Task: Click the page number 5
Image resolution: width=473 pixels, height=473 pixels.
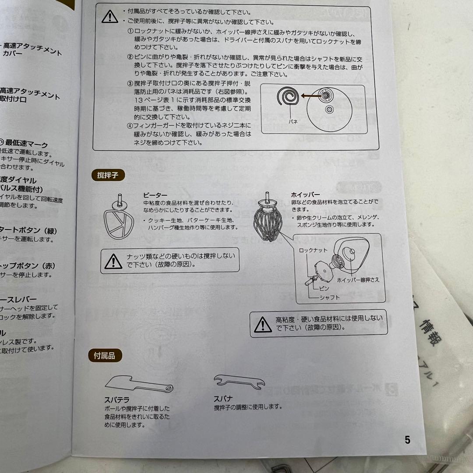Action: click(407, 440)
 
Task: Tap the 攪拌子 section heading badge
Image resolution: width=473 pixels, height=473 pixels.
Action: click(108, 176)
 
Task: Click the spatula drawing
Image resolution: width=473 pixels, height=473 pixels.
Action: click(139, 383)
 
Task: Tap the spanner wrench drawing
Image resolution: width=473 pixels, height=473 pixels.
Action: click(239, 382)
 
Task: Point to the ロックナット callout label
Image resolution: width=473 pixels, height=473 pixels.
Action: click(314, 250)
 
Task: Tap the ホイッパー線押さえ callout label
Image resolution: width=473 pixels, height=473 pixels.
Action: click(358, 280)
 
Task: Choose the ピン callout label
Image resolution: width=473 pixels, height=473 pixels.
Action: click(324, 288)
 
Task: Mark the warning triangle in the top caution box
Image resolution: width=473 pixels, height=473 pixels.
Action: click(109, 17)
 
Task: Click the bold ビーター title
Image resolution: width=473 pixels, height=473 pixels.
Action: click(155, 195)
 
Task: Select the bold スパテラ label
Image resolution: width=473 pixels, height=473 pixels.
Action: click(116, 400)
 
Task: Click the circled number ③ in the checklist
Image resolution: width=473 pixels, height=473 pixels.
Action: click(130, 84)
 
